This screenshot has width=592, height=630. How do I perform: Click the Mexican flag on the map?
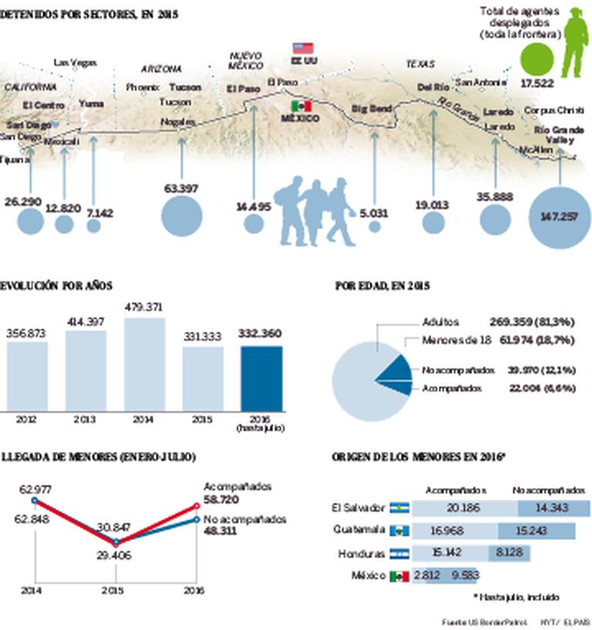[x=301, y=106]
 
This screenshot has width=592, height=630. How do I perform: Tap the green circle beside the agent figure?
[x=537, y=59]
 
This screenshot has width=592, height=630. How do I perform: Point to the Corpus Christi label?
[x=554, y=110]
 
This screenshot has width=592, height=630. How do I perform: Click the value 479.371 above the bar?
[x=144, y=307]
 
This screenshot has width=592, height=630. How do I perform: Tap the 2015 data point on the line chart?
[x=115, y=541]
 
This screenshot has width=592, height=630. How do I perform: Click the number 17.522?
[x=538, y=83]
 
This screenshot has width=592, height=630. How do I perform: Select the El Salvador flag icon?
[x=399, y=508]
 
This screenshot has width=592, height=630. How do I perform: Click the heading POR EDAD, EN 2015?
[x=382, y=286]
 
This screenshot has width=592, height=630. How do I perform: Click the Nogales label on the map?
[x=176, y=122]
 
